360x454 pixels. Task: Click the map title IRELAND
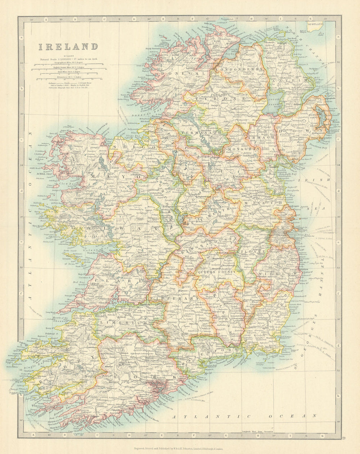pos(68,46)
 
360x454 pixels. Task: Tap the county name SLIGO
pos(124,147)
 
